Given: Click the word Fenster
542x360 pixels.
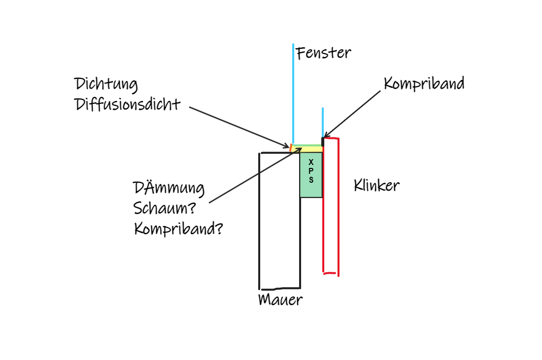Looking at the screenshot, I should click(324, 53).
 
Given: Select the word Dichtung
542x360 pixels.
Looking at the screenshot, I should click(106, 84).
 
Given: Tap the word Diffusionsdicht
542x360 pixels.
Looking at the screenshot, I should click(128, 104).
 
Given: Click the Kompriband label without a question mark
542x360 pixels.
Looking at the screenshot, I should click(424, 84).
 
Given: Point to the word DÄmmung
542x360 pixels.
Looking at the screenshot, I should click(169, 188).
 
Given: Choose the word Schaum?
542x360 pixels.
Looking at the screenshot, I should click(165, 208).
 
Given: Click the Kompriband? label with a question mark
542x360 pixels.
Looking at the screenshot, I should click(178, 229).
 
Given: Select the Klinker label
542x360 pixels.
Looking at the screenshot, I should click(376, 186).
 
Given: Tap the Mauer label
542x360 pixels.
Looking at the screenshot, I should click(280, 299).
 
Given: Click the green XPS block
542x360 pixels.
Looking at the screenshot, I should click(311, 187).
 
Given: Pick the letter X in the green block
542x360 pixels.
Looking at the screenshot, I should click(311, 162).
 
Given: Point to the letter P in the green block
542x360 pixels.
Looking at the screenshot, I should click(311, 170).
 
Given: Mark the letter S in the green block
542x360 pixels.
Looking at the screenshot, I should click(311, 180).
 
